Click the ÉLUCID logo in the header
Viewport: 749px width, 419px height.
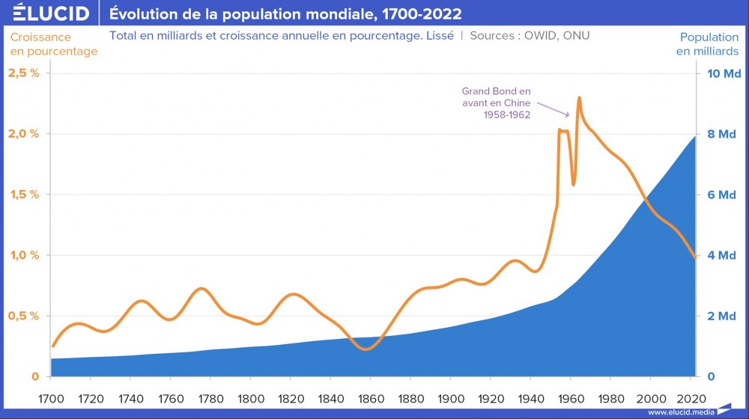46,13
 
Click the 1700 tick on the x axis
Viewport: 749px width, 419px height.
51,398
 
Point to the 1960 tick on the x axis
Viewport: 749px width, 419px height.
571,398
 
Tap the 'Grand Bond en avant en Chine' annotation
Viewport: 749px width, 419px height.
496,103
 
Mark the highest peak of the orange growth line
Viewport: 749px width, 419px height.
579,98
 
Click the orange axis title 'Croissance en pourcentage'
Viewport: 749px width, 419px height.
53,44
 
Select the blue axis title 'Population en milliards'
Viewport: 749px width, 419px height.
708,44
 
